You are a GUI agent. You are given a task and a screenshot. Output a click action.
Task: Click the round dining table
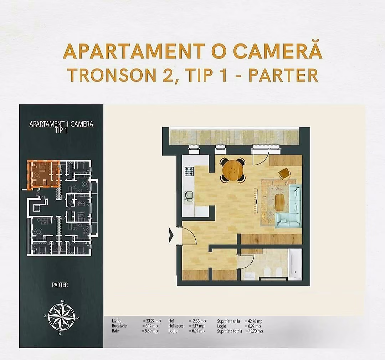click(232, 171)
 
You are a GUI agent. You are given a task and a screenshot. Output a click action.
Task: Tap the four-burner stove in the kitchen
click(189, 171)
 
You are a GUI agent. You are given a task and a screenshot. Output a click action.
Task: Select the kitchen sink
click(189, 196)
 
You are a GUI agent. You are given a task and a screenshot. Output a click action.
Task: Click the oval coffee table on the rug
click(280, 203)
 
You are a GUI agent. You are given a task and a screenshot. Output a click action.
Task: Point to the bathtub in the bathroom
click(295, 264)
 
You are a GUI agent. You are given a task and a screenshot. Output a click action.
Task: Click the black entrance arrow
click(171, 235)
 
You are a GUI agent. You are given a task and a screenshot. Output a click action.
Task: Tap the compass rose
click(61, 316)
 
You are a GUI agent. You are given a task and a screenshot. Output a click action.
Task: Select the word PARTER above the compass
click(60, 285)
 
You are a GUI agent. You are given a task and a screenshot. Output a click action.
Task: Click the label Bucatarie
click(119, 326)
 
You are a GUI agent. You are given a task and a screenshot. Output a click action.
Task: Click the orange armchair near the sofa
click(284, 173)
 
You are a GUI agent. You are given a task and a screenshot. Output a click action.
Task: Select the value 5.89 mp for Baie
click(149, 331)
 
